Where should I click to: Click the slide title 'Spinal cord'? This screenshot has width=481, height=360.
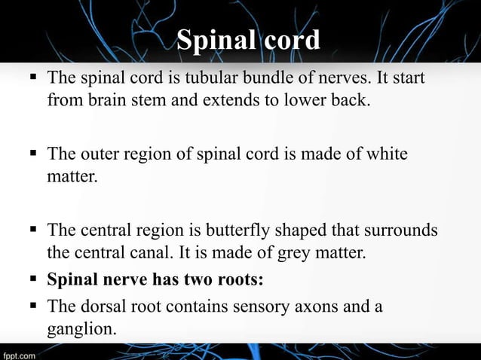click(248, 39)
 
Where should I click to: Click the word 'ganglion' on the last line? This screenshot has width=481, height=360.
click(78, 329)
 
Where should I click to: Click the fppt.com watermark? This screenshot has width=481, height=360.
click(20, 352)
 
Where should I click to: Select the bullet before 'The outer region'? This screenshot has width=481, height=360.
click(32, 154)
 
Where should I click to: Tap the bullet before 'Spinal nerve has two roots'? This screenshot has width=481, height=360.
click(32, 280)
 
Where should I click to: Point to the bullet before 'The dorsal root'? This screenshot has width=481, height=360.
click(32, 306)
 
